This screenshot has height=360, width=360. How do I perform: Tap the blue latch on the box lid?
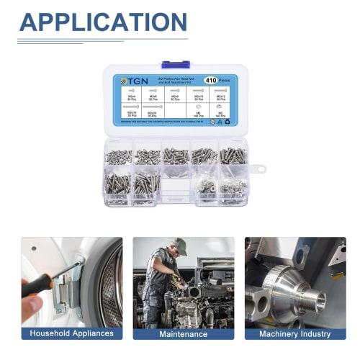(x=176, y=65)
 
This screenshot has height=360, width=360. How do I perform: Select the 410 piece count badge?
(x=211, y=81)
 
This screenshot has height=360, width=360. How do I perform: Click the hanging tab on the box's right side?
(x=258, y=169)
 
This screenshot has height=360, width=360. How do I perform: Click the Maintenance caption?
(x=183, y=333)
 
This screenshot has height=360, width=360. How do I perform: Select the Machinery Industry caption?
(x=294, y=333)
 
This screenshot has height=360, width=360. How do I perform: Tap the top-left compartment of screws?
(x=118, y=156)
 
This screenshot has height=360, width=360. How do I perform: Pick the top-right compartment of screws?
(x=233, y=156)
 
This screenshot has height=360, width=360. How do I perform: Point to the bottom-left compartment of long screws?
(x=118, y=185)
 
